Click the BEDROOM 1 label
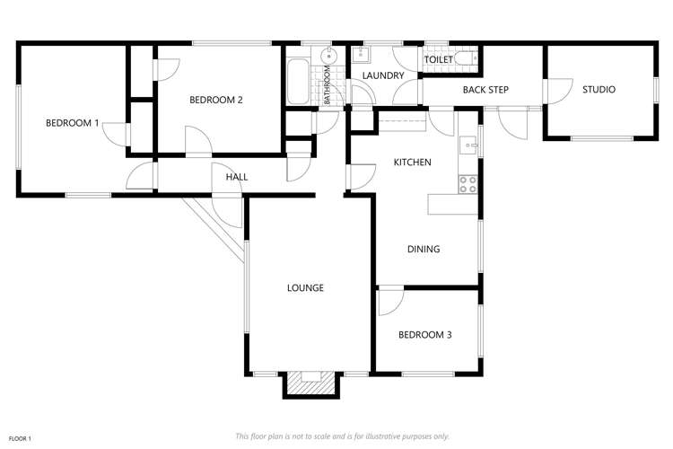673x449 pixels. (72, 122)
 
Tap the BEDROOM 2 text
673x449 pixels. (215, 101)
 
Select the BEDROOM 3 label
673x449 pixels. (424, 335)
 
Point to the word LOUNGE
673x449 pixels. (305, 288)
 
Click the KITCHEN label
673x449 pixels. (413, 163)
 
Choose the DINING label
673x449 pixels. (424, 249)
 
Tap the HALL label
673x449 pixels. (237, 177)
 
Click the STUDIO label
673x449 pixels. (599, 90)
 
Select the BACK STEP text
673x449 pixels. (485, 90)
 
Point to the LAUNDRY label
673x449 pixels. (384, 76)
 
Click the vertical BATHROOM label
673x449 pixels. (328, 85)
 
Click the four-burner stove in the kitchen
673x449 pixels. (468, 184)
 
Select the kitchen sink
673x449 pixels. (468, 144)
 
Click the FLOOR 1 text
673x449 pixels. (20, 437)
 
